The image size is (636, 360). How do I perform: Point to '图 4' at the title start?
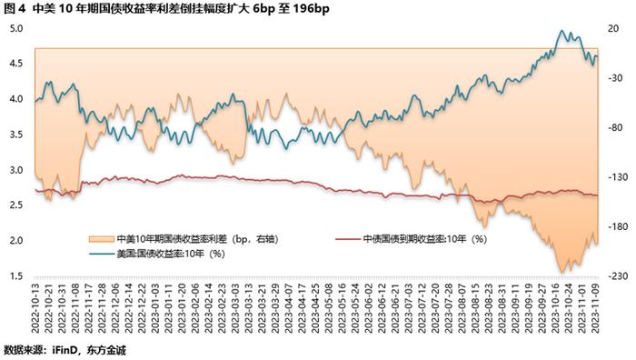click(x=15, y=10)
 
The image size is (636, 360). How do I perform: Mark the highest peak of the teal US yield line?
click(x=561, y=32)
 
